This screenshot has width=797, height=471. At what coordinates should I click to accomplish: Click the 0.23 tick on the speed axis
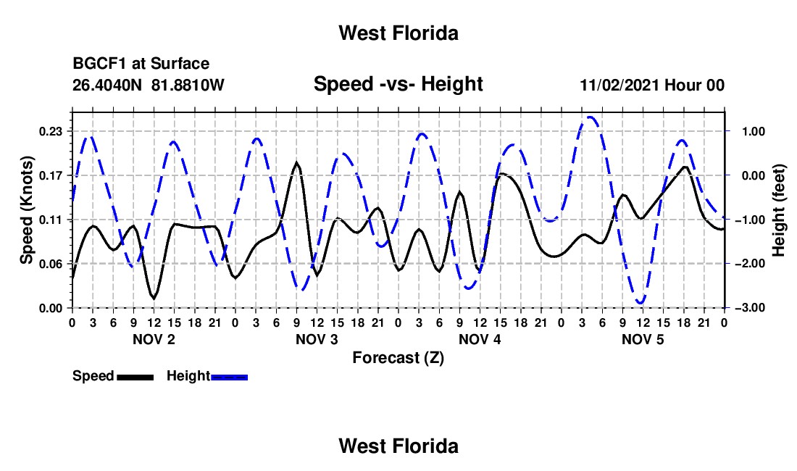point(51,132)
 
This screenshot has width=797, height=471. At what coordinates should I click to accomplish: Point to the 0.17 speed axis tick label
point(51,176)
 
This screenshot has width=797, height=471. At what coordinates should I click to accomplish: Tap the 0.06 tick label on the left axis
point(51,264)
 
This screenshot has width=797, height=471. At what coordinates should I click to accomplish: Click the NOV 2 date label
point(154,339)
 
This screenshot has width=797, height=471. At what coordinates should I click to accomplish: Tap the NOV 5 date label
point(643,339)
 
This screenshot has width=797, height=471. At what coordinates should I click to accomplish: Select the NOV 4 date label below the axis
point(480,339)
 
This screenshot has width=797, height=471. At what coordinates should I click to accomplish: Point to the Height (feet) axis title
point(778,210)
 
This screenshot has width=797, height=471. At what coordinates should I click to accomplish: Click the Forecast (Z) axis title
point(398,358)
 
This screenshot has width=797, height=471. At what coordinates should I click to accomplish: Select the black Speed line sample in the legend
point(135,378)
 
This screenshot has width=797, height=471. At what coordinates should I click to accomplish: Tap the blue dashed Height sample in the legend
point(229,378)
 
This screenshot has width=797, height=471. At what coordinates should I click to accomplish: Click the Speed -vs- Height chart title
point(398,84)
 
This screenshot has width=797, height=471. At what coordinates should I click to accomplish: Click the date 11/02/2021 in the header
point(619,85)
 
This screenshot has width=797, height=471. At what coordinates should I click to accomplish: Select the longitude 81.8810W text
point(188,85)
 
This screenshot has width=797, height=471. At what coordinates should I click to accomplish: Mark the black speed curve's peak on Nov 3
point(296,162)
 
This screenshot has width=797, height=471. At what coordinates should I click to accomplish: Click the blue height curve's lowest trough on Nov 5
point(640,303)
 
